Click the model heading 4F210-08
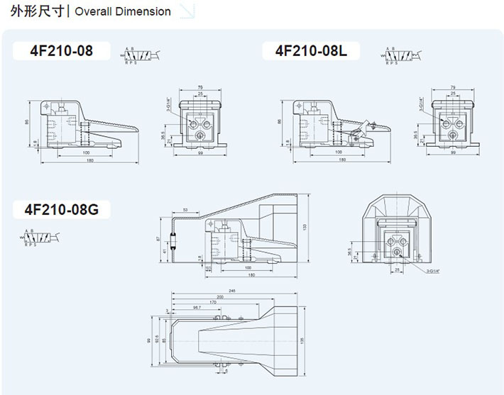point(61,51)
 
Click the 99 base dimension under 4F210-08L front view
point(453,152)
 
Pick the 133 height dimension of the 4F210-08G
point(303,226)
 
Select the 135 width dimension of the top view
point(302,340)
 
